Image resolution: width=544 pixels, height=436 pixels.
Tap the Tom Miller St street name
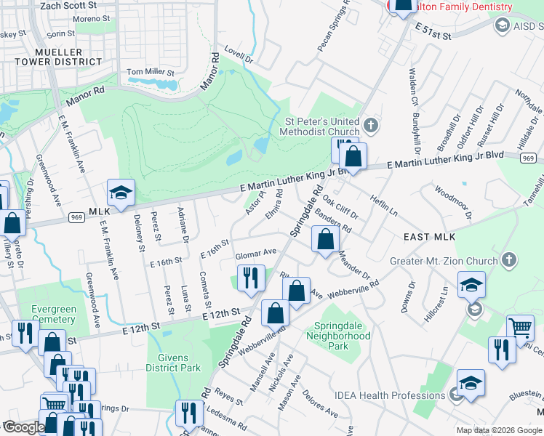tap(151, 73)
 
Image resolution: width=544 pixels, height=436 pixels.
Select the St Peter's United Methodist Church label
tap(321, 126)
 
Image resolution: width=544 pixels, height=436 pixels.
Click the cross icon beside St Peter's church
tap(370, 126)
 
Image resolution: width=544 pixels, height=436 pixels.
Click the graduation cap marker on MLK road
tap(121, 193)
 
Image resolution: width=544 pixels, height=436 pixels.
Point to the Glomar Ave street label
tap(255, 253)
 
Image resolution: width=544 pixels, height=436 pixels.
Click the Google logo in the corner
tap(23, 427)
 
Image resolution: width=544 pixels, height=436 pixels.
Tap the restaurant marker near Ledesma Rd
tap(189, 413)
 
